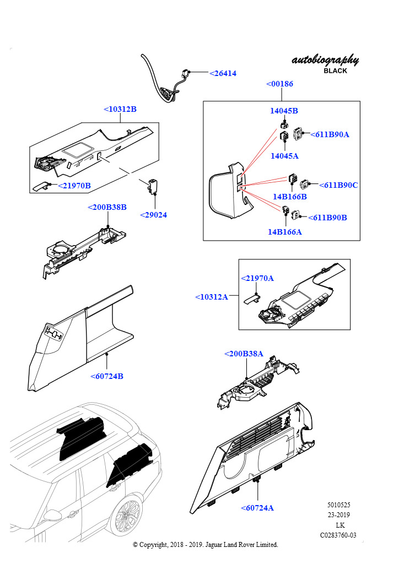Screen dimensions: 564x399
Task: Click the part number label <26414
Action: (223, 73)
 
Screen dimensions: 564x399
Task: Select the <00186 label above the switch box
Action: (279, 84)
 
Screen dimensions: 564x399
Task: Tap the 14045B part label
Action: (284, 111)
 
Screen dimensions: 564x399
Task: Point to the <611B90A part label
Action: (330, 134)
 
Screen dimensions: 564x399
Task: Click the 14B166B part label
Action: (289, 196)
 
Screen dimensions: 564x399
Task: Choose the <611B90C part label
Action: (338, 185)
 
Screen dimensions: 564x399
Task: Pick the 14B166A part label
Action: (284, 232)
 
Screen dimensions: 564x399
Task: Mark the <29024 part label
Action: (153, 215)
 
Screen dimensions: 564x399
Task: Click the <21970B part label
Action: (74, 186)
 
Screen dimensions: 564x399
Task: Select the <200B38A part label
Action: (244, 354)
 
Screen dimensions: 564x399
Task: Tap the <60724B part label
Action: (107, 377)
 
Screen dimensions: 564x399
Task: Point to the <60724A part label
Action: (257, 508)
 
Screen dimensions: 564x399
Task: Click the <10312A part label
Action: (212, 297)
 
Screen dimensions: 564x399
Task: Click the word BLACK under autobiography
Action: (335, 71)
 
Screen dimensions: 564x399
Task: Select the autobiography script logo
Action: (325, 60)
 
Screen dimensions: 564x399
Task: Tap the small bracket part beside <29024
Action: (153, 186)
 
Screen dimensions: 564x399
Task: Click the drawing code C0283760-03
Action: (338, 535)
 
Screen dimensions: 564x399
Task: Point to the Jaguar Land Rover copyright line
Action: (206, 545)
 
